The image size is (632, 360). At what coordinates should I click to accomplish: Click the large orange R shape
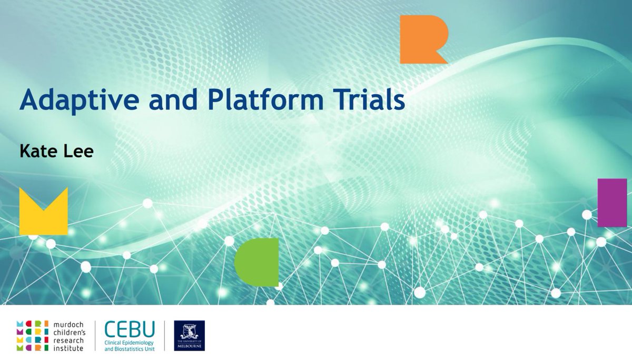[421, 39]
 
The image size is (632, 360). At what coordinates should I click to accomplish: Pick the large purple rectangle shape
[612, 203]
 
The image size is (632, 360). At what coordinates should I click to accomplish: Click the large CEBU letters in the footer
[130, 330]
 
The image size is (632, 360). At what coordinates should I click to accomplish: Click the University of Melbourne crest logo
[189, 335]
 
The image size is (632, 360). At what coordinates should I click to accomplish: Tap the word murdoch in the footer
[67, 323]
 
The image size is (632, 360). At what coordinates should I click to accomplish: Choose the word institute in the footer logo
[67, 348]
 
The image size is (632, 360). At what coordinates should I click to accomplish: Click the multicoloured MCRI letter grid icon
[33, 335]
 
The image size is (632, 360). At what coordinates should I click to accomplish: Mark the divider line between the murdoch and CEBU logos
[95, 335]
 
